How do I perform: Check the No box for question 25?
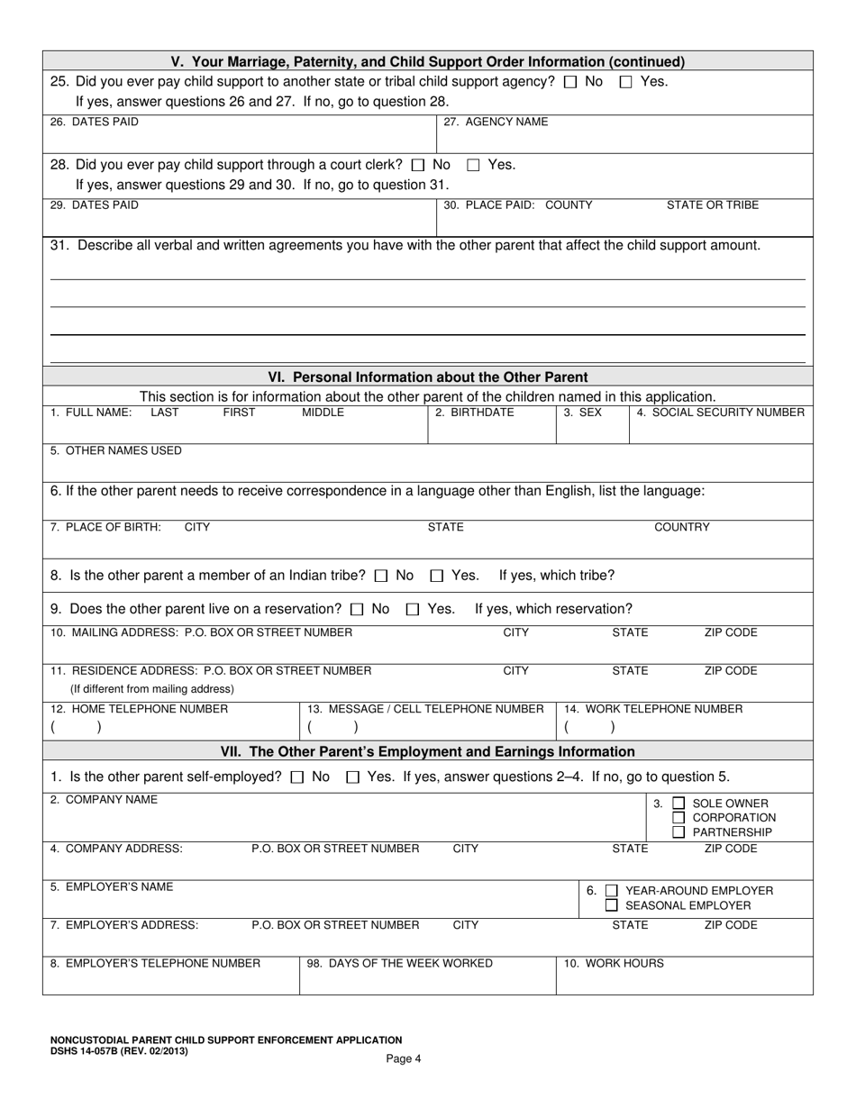[569, 82]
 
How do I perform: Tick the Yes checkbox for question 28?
[473, 166]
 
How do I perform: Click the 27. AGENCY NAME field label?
[496, 122]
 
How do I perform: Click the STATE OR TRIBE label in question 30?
[712, 205]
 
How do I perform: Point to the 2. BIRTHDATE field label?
[474, 413]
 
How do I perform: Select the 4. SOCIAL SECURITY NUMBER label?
[720, 413]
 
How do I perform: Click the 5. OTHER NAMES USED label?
[116, 450]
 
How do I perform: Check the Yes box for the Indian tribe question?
[437, 576]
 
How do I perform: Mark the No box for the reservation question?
[357, 610]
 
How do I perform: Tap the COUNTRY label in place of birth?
[681, 527]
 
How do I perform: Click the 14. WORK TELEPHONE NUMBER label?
[653, 709]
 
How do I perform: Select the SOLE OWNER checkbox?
[679, 804]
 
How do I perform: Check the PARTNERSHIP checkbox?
[679, 831]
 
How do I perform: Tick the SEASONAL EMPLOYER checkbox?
[612, 905]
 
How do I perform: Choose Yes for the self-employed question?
[353, 777]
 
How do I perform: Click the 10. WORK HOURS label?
[614, 963]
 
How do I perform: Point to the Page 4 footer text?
[404, 1058]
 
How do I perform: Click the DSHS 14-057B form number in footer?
[119, 1049]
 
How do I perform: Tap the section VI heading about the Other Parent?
[428, 377]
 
